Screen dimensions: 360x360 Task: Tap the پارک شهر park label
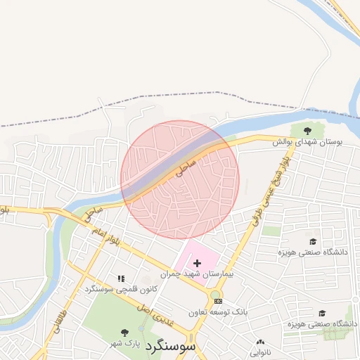pyautogui.click(x=124, y=344)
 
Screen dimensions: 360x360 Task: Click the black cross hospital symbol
pyautogui.click(x=197, y=263)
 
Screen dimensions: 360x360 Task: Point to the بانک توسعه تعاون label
pyautogui.click(x=219, y=311)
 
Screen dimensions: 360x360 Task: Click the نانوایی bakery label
pyautogui.click(x=260, y=352)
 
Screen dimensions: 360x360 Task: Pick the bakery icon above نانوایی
pyautogui.click(x=260, y=342)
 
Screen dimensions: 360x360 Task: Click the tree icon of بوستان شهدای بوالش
pyautogui.click(x=307, y=130)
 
